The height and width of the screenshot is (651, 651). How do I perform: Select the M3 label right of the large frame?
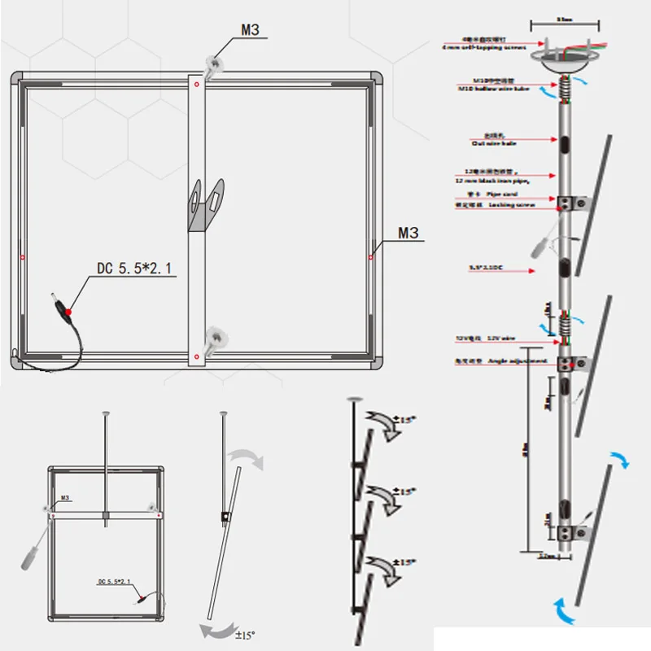point(409,234)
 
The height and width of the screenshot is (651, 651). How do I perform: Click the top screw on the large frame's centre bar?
point(216,63)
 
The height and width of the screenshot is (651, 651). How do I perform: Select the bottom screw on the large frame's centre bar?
point(216,335)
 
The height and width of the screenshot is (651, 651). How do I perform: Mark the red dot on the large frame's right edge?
point(370,256)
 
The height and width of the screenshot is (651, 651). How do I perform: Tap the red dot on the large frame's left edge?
point(22,256)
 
